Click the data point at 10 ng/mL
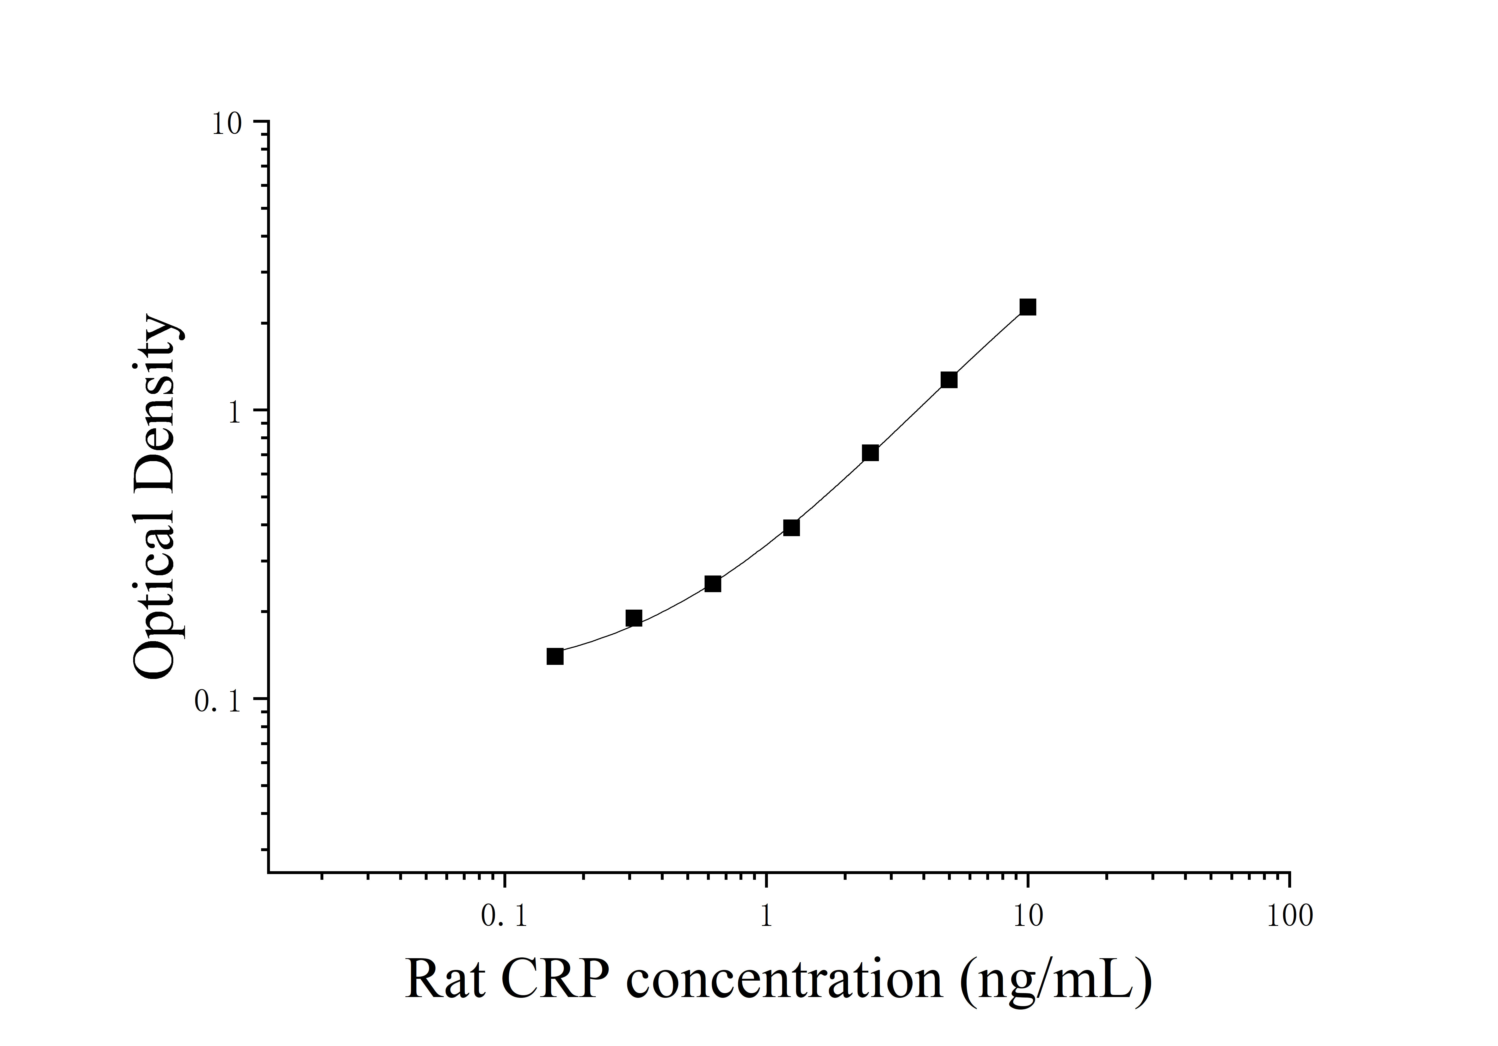pyautogui.click(x=1028, y=307)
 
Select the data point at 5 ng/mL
pyautogui.click(x=949, y=380)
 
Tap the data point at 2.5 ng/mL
pyautogui.click(x=870, y=453)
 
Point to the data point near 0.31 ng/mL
pyautogui.click(x=633, y=618)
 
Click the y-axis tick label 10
pyautogui.click(x=226, y=125)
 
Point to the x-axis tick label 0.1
pyautogui.click(x=504, y=917)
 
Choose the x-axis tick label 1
pyautogui.click(x=766, y=917)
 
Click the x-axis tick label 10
pyautogui.click(x=1028, y=917)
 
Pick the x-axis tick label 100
pyautogui.click(x=1290, y=917)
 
